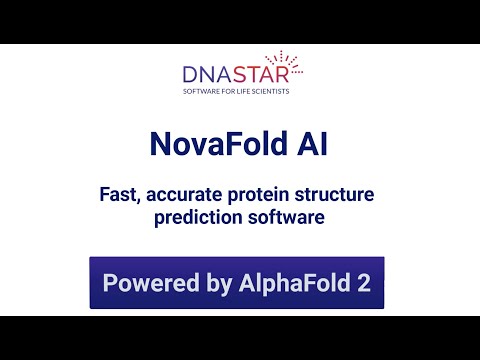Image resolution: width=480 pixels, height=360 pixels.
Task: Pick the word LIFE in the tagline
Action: [246, 91]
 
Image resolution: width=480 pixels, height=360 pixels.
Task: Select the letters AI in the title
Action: [312, 145]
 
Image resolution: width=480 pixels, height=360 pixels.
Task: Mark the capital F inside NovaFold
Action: [229, 145]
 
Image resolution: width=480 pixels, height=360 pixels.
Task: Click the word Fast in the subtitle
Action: [120, 194]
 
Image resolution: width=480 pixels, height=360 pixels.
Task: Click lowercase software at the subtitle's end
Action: [285, 217]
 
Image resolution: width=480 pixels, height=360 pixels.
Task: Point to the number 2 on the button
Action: [364, 283]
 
